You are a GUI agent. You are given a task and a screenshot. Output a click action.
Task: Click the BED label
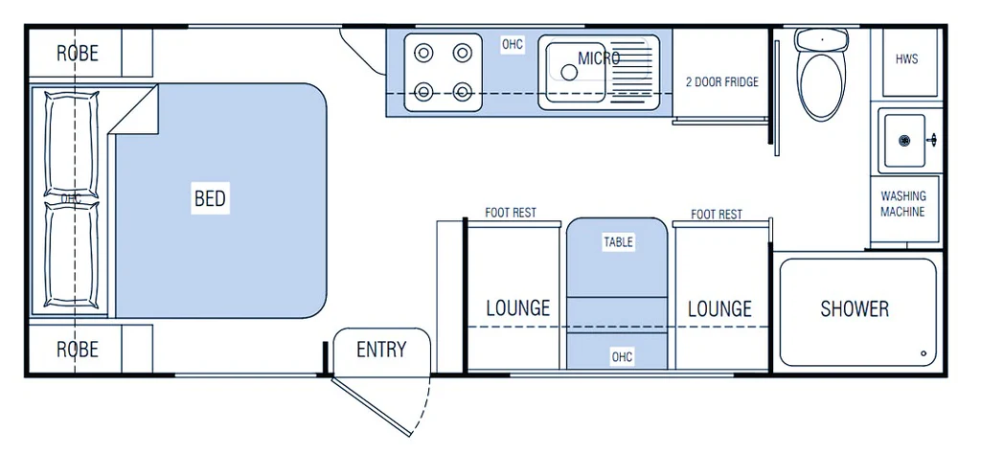click(210, 198)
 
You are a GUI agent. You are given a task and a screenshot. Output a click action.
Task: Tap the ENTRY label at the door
click(381, 350)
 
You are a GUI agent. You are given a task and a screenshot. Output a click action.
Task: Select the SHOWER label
click(855, 308)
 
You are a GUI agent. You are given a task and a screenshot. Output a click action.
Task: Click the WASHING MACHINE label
click(903, 204)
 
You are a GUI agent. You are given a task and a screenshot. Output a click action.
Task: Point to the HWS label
click(906, 59)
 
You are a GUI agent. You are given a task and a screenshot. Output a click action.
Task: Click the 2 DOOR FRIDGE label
click(721, 82)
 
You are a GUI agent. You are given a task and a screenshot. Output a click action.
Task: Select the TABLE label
click(618, 242)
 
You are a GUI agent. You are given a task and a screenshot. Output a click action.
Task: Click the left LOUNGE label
click(517, 308)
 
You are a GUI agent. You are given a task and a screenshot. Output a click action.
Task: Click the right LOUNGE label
click(719, 308)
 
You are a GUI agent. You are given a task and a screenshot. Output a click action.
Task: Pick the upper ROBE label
click(77, 53)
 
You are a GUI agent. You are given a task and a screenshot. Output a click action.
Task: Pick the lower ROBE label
click(77, 349)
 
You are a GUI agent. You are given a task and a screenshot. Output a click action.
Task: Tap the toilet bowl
click(821, 84)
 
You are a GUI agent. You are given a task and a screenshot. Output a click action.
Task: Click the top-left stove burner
click(422, 53)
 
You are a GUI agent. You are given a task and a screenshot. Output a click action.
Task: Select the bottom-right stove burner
click(463, 93)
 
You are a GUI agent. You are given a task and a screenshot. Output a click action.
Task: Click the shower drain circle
click(924, 352)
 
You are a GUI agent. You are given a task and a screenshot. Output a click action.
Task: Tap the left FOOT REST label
click(511, 213)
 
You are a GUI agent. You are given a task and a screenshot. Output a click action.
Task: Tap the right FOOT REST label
click(717, 215)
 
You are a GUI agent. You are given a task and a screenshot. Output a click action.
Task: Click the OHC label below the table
click(622, 357)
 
